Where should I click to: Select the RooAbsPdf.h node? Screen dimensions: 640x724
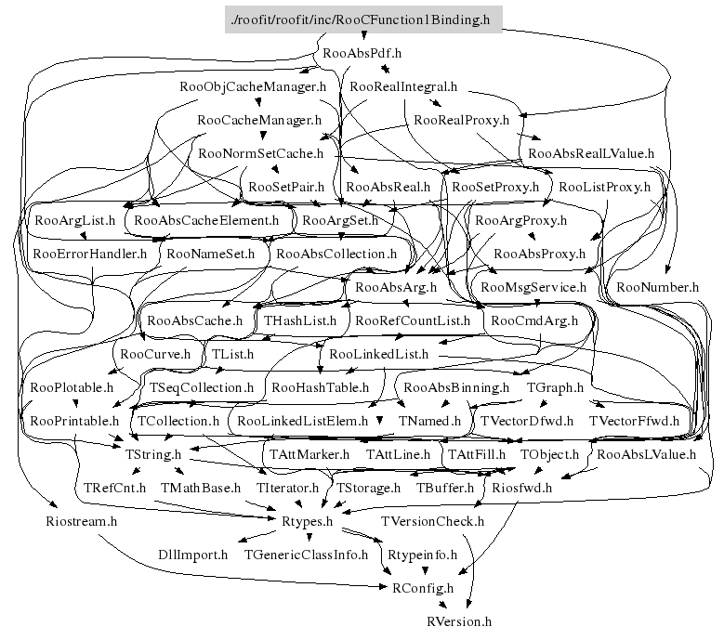pos(362,53)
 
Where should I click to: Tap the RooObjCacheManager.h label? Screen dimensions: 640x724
pos(253,86)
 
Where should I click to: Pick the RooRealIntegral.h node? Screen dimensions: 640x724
pos(404,86)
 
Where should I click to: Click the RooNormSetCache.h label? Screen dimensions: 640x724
pos(260,153)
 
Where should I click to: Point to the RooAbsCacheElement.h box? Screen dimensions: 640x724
pos(206,221)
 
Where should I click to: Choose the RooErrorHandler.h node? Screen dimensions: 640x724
pos(89,253)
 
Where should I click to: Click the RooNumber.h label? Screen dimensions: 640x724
pos(657,287)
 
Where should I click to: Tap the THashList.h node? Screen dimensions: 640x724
pos(300,320)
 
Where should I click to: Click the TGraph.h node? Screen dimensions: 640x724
pos(555,387)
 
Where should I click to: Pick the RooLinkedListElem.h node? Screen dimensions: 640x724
pos(303,421)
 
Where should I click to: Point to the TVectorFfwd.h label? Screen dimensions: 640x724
pos(634,421)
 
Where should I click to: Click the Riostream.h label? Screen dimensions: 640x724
pos(81,521)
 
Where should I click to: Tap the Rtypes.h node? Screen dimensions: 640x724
pos(307,521)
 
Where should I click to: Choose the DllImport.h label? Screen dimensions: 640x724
pos(192,555)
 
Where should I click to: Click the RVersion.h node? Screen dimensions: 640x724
pos(459,620)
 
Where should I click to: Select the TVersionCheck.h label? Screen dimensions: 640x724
pos(433,521)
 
